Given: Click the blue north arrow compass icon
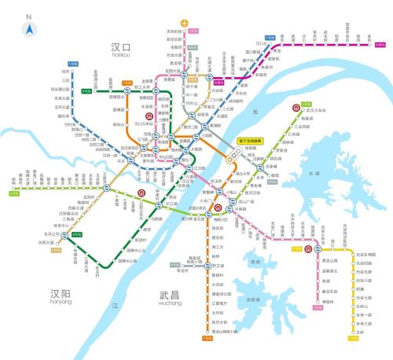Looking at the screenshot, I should [29, 30].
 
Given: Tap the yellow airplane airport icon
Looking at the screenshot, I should [185, 23].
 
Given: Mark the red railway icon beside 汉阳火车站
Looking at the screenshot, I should [141, 191].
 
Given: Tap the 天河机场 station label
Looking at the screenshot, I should [174, 31].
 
